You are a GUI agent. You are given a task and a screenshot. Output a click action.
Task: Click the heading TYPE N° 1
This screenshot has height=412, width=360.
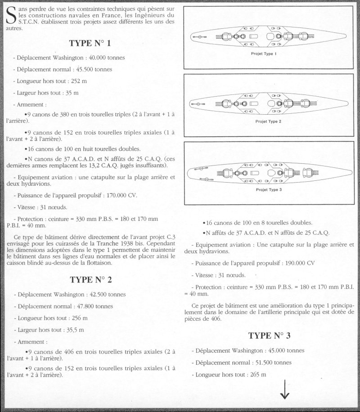(90, 44)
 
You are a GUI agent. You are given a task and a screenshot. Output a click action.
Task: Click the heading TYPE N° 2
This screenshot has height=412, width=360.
(91, 280)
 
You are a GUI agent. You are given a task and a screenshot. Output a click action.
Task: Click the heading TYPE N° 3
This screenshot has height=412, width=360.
(270, 336)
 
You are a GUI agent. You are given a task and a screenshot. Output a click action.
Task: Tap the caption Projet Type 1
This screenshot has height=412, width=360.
(263, 54)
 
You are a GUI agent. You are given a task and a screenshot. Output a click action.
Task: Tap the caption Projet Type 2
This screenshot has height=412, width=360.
(268, 121)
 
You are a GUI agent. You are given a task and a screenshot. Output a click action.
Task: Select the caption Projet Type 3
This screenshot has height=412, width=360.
(268, 190)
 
